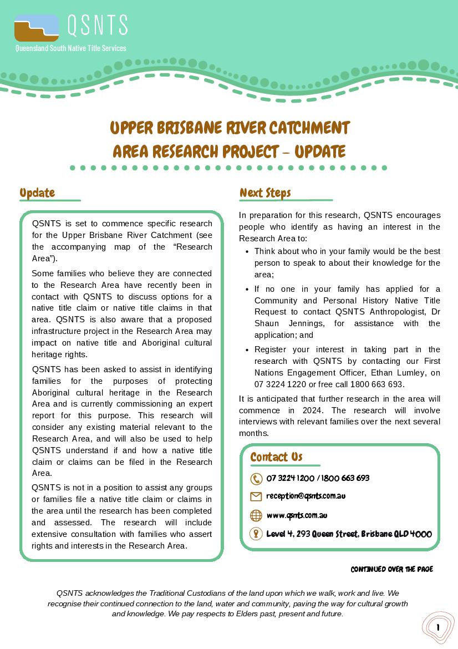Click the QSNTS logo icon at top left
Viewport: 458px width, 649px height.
[37, 28]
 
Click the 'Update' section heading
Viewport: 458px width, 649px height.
[37, 192]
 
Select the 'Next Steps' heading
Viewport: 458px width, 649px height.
[265, 192]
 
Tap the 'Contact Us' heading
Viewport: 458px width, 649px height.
[276, 457]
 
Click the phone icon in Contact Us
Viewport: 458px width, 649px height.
[256, 479]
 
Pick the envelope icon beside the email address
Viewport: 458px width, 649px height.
[256, 496]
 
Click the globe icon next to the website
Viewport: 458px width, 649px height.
[256, 515]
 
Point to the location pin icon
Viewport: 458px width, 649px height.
[256, 534]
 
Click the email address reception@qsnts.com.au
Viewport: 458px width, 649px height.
[306, 496]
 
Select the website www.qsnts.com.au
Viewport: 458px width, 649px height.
[297, 515]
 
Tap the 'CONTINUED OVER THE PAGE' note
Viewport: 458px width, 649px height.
[391, 569]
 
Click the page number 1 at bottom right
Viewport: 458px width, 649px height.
[438, 627]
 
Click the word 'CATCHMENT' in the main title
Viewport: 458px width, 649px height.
[309, 128]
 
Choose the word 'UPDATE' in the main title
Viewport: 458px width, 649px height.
[320, 151]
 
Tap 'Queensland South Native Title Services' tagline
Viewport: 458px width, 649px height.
[70, 48]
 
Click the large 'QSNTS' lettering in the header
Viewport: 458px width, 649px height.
[97, 25]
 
